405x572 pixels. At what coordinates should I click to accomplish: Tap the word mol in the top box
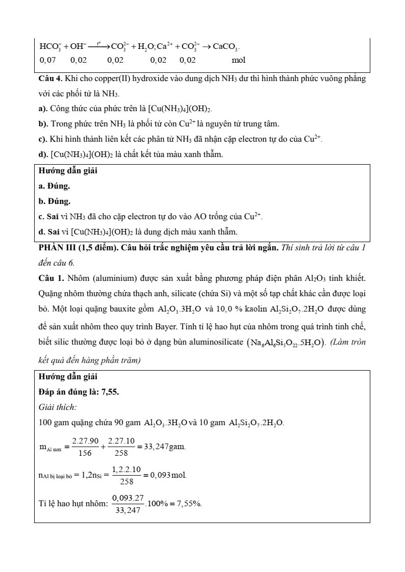(x=238, y=60)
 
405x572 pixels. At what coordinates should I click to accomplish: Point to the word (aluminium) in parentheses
(x=112, y=278)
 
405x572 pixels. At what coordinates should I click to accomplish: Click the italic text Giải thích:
(x=58, y=407)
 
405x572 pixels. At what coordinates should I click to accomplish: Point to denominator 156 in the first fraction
(x=78, y=453)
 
